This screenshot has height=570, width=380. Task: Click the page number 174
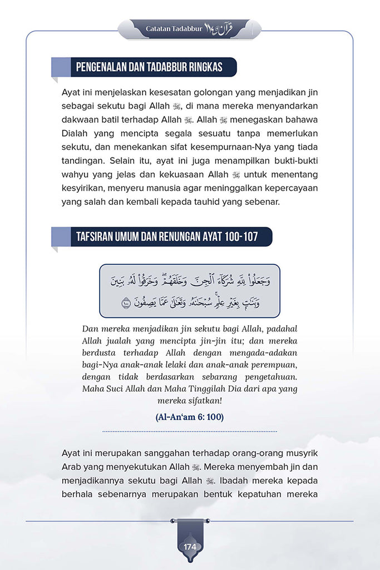[x=190, y=547]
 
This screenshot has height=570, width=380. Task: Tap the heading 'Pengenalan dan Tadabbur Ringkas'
[x=149, y=67]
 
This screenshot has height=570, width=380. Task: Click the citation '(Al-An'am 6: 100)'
[x=190, y=417]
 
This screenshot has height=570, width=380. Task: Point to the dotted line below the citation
[x=190, y=431]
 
